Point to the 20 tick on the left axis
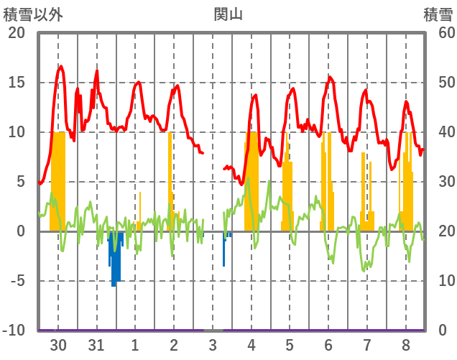coord(16,33)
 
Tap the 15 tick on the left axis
coord(16,83)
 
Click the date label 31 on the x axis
coord(96,345)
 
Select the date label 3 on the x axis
coord(213,345)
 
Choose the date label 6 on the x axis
coord(328,345)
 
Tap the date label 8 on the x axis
coord(406,345)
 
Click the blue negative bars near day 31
coord(115,259)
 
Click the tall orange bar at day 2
coord(170,180)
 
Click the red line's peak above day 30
coord(61,67)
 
